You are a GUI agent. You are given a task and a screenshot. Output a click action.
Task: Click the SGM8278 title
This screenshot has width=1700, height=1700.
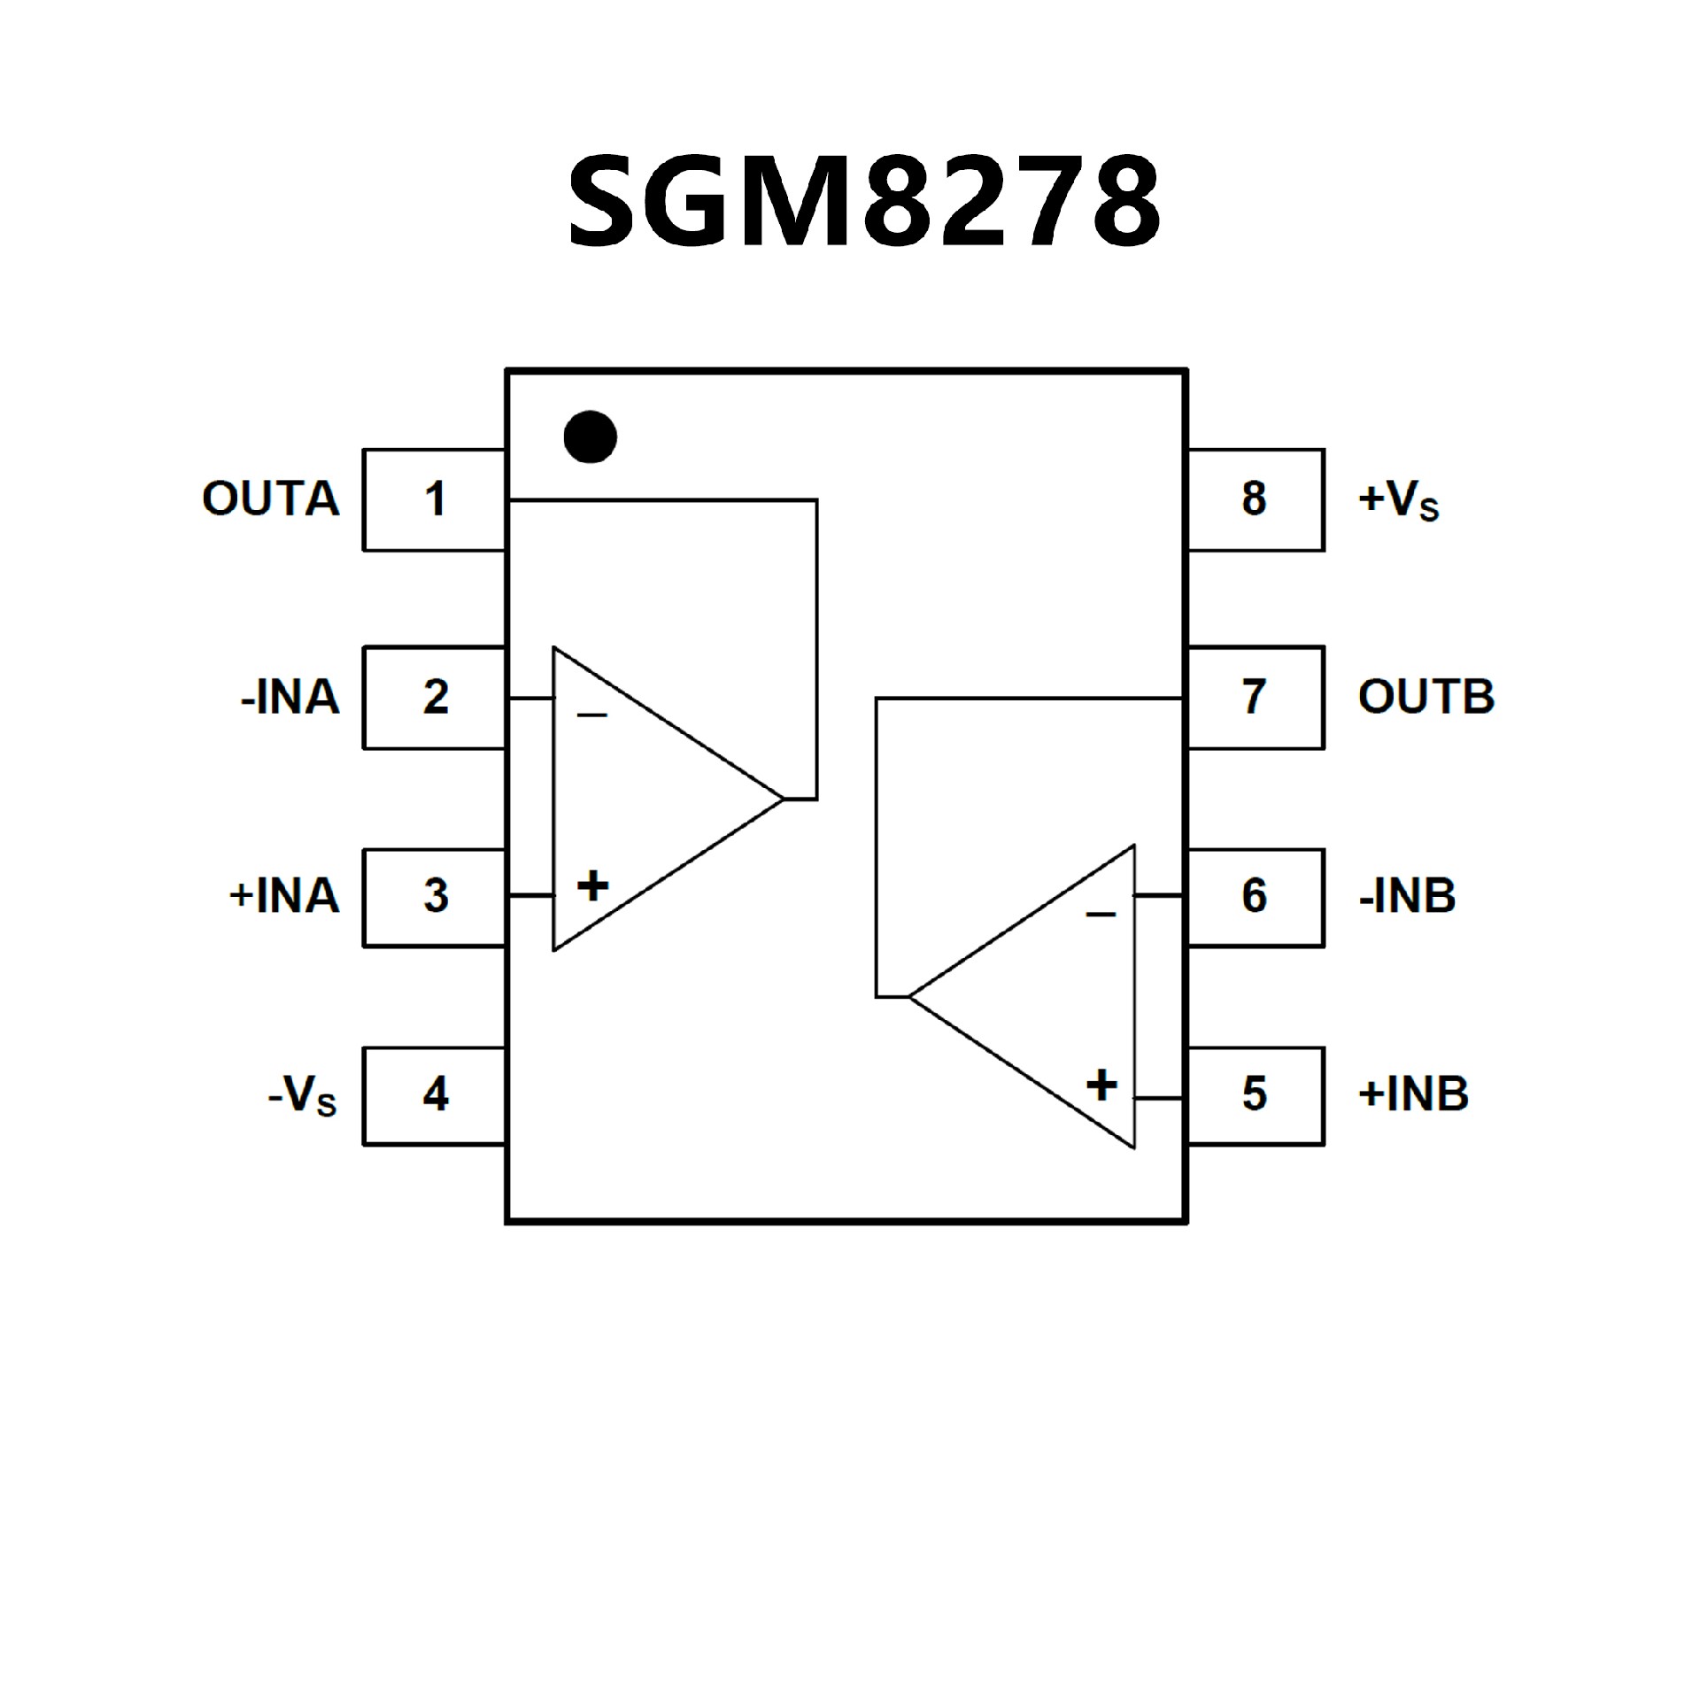(863, 203)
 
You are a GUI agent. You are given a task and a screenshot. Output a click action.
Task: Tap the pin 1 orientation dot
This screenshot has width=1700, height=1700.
(590, 437)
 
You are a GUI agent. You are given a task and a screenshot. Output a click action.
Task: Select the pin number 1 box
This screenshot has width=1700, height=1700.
(434, 499)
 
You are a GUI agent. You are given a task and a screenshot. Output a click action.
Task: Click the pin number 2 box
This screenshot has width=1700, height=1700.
(434, 698)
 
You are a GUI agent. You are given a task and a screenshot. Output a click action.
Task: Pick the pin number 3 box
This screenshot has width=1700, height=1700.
(434, 896)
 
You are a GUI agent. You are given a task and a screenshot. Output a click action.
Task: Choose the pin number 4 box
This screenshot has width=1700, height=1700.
(434, 1094)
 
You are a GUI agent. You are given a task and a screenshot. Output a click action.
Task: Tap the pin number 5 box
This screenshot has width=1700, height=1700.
(1256, 1094)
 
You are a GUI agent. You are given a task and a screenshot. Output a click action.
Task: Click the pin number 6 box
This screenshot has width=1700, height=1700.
(1256, 896)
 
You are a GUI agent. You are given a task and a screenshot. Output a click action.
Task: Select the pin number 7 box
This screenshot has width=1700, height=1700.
(1256, 698)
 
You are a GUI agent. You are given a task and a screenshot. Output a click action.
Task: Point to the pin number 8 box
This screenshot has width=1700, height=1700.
(1256, 499)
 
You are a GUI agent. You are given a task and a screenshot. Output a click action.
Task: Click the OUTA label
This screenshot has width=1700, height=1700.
(271, 499)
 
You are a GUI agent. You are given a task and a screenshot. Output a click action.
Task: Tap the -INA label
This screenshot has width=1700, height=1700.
(290, 698)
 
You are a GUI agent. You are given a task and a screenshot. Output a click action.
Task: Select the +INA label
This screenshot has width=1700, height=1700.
(284, 896)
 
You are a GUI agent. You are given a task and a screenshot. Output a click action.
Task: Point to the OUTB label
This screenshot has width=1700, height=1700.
(1426, 698)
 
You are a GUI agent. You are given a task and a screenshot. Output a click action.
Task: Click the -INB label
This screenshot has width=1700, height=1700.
(1407, 896)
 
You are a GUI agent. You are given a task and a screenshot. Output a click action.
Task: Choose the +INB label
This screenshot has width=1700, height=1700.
(1413, 1094)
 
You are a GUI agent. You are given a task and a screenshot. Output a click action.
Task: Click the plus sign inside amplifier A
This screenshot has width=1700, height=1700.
(592, 885)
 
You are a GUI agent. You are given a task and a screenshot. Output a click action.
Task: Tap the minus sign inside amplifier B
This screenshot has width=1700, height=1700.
(1101, 914)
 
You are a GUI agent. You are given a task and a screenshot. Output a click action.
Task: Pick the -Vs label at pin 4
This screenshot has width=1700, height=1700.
(303, 1098)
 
